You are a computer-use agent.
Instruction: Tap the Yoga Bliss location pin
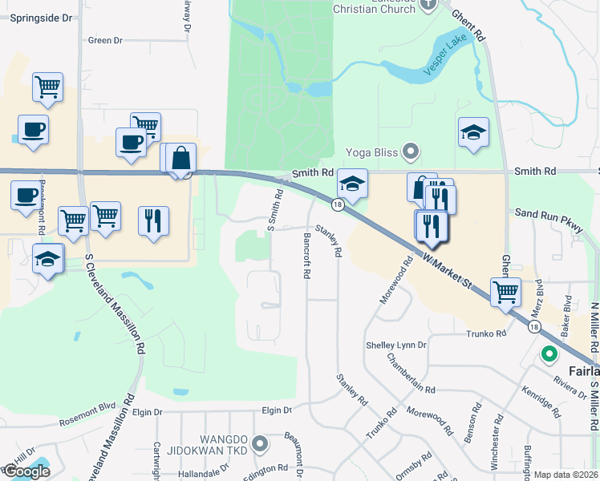(412, 151)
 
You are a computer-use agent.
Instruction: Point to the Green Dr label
(105, 40)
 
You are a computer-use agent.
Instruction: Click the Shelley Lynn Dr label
(396, 345)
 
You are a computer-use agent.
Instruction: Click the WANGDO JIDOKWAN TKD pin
(259, 443)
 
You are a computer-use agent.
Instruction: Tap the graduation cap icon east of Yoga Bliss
(473, 132)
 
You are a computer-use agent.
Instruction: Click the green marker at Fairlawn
(549, 353)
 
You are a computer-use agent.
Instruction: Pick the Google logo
(26, 471)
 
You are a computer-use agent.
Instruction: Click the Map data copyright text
(566, 475)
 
